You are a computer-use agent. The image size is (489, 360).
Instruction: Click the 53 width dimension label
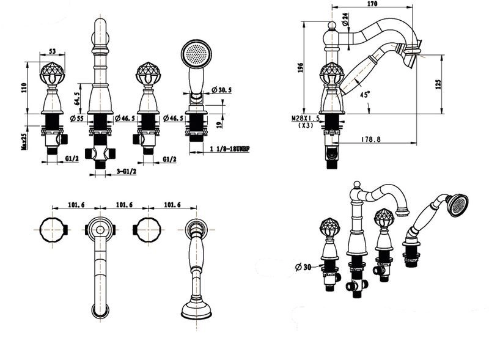[x=53, y=51]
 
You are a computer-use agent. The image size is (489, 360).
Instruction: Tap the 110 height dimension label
[x=24, y=87]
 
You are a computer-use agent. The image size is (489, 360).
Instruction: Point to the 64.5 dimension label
[x=77, y=97]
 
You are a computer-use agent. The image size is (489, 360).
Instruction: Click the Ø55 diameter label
[x=78, y=118]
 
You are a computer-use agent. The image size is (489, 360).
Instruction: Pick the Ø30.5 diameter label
[x=221, y=90]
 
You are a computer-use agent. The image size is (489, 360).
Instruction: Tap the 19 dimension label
[x=219, y=124]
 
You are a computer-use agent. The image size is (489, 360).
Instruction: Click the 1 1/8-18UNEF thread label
[x=230, y=149]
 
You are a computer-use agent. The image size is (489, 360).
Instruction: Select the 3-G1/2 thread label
[x=127, y=171]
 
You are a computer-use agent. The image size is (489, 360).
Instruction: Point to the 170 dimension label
[x=372, y=4]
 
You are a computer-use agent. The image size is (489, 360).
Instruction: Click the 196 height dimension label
[x=300, y=67]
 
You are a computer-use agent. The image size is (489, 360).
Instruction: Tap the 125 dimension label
[x=438, y=84]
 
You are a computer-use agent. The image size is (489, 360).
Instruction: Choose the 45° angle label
[x=364, y=94]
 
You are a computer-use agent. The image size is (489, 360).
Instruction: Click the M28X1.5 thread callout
[x=305, y=119]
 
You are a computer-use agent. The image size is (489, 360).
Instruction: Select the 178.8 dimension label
[x=371, y=139]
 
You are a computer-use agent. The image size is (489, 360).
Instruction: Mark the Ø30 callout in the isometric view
[x=303, y=267]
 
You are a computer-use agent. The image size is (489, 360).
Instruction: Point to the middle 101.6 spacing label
[x=124, y=205]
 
